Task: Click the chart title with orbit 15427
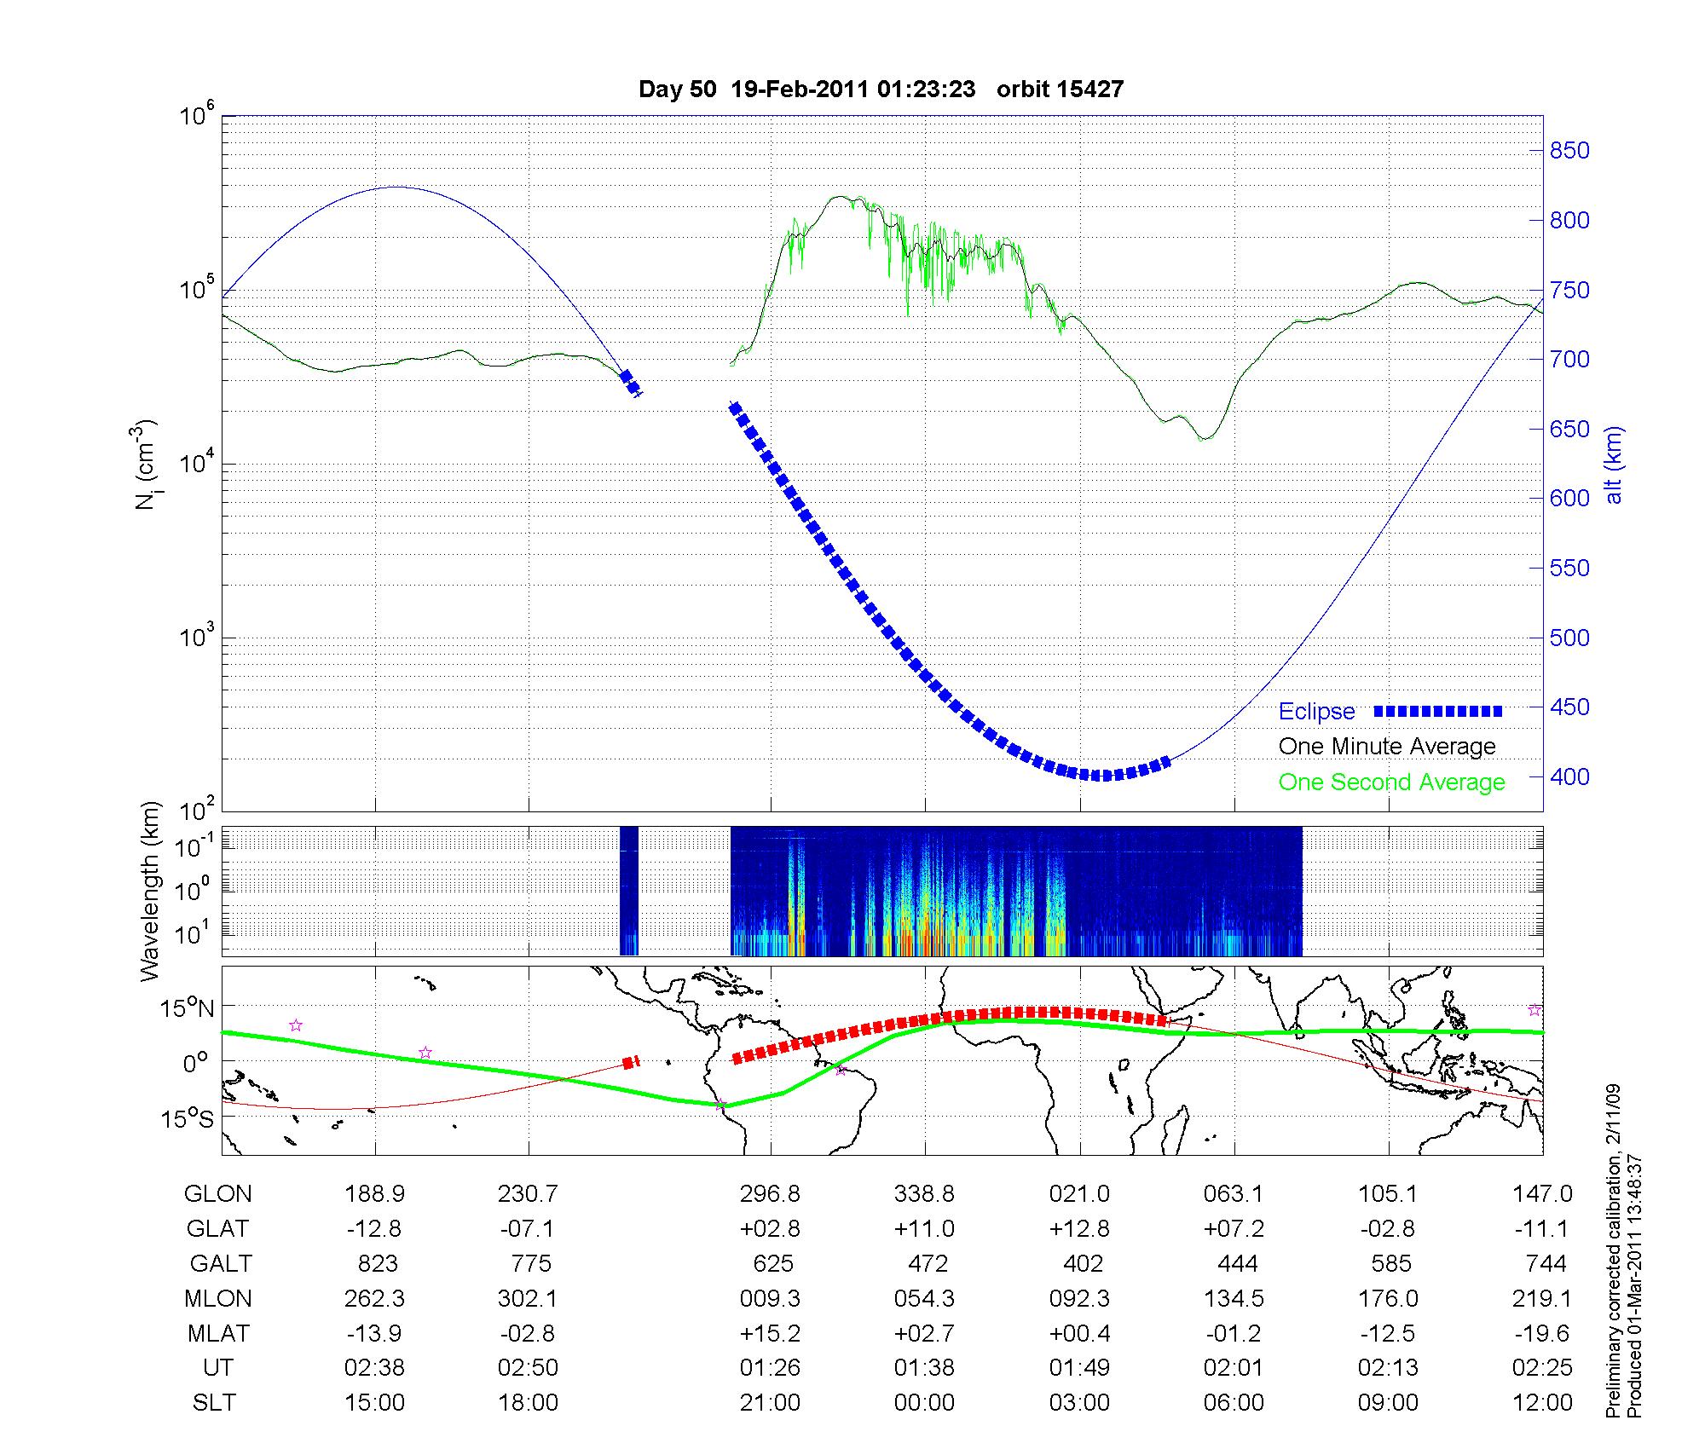[x=881, y=89]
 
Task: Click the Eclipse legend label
[x=1316, y=711]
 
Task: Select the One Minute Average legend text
[x=1387, y=747]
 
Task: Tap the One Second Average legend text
[x=1391, y=782]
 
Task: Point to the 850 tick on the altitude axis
[x=1569, y=151]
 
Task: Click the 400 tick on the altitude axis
[x=1569, y=776]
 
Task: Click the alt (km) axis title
[x=1613, y=465]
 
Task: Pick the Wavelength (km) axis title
[x=151, y=892]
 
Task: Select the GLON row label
[x=218, y=1193]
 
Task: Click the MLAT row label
[x=218, y=1333]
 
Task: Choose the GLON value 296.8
[x=770, y=1193]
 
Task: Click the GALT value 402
[x=1083, y=1263]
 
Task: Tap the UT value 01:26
[x=770, y=1367]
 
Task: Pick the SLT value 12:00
[x=1542, y=1402]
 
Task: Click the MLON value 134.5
[x=1234, y=1298]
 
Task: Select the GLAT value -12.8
[x=374, y=1228]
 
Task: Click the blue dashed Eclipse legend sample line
[x=1438, y=711]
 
